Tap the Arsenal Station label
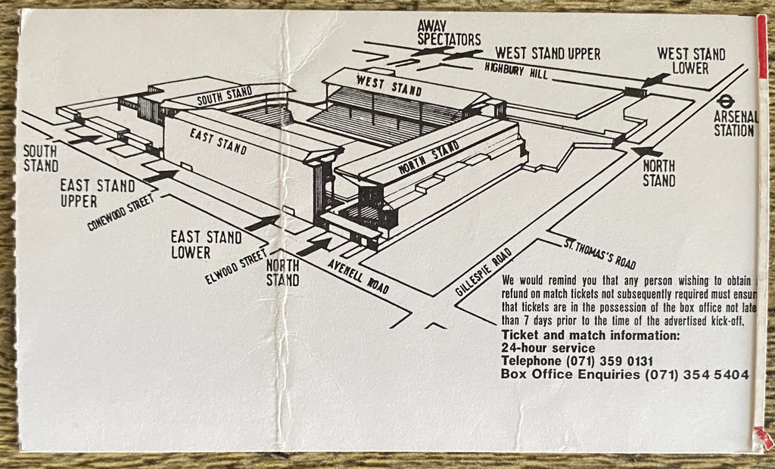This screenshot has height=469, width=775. click(733, 123)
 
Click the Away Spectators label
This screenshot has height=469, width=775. click(449, 33)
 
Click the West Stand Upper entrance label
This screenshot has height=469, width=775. click(547, 54)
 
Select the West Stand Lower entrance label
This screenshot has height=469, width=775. click(690, 61)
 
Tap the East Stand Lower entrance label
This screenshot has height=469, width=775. click(206, 244)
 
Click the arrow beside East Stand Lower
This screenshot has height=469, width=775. click(262, 222)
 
